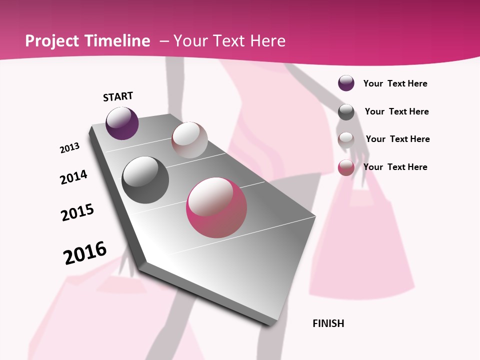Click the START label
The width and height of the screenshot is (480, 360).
tap(118, 96)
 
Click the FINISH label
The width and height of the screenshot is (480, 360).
tap(328, 323)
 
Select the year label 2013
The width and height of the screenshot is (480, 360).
tap(69, 148)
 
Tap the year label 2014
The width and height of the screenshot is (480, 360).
tap(73, 177)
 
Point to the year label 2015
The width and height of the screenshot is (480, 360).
tap(77, 212)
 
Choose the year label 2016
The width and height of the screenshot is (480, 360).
tap(85, 252)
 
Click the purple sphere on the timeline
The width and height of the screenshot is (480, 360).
tap(122, 123)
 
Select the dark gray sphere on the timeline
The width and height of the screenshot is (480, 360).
tap(145, 180)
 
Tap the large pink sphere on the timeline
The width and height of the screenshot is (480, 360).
tap(216, 207)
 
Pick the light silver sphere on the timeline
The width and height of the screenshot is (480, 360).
tap(189, 140)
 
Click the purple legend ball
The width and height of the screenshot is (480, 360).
tap(346, 83)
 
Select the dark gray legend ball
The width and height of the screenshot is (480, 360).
tap(346, 112)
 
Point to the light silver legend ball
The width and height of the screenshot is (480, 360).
tap(346, 140)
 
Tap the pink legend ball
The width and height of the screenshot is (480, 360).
tap(346, 167)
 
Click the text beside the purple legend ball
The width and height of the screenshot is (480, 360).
tap(395, 83)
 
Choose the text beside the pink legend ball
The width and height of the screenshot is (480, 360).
tap(395, 167)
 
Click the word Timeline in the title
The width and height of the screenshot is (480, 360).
tap(117, 41)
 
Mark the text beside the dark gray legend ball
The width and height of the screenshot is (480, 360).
tap(396, 111)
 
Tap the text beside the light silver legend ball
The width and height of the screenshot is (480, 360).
tap(397, 139)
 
